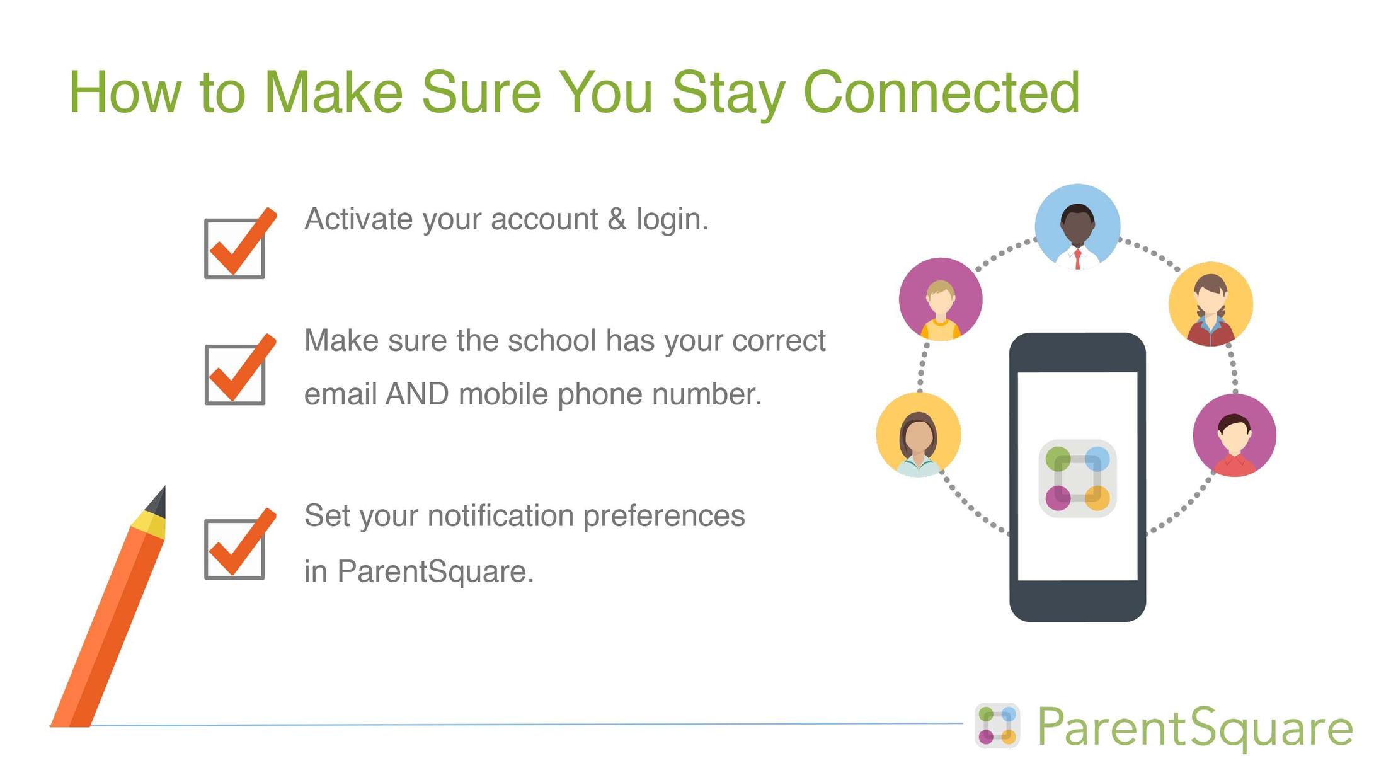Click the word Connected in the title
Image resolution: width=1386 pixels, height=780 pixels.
(941, 93)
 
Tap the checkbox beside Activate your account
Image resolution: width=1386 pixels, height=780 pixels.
(234, 248)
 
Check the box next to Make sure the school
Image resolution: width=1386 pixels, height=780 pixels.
(234, 374)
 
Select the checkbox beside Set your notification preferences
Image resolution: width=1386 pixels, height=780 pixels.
(234, 548)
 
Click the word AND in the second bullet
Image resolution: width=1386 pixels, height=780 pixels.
(416, 394)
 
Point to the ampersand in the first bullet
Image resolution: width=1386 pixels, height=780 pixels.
(617, 219)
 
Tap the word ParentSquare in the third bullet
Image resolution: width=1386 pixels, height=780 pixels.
(435, 571)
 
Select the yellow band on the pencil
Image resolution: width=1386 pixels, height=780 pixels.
(149, 525)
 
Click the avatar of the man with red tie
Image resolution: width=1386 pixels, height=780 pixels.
(1077, 227)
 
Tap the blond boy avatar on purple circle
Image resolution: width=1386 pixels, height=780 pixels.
(940, 299)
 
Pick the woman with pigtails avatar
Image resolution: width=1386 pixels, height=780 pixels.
(1210, 304)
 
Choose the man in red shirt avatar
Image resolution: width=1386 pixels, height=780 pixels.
(1234, 435)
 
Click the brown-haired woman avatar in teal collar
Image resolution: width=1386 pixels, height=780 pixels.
(918, 435)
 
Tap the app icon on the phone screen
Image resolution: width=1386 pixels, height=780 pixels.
(1077, 478)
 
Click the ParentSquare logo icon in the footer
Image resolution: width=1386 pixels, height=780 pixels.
(997, 726)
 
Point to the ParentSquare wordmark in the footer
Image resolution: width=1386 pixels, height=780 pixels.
(1194, 728)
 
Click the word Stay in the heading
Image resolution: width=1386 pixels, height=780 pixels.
(728, 93)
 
